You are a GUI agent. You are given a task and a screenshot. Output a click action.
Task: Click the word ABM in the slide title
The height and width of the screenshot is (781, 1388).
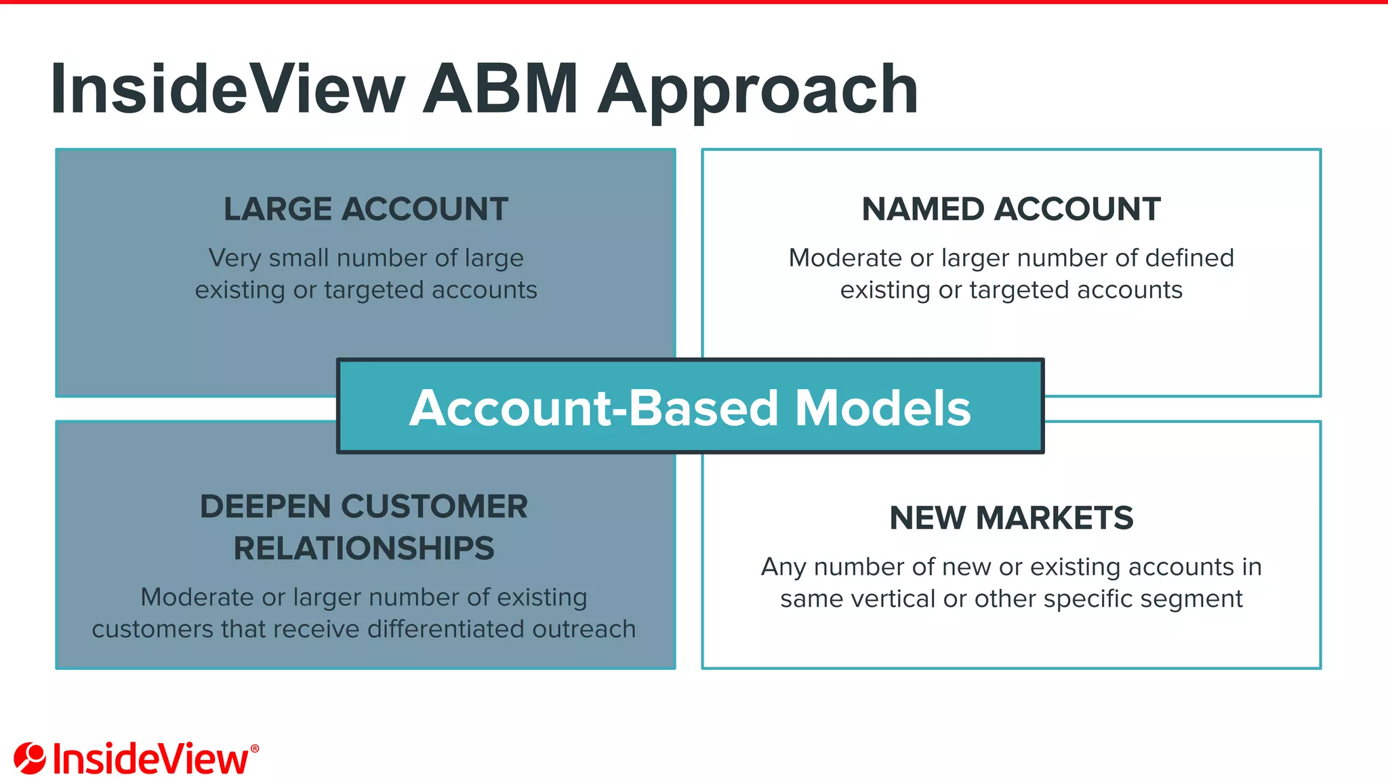500,89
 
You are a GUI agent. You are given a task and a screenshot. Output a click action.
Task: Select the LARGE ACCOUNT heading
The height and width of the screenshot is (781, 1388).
366,209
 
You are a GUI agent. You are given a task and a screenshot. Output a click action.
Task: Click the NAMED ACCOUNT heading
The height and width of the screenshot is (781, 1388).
1011,209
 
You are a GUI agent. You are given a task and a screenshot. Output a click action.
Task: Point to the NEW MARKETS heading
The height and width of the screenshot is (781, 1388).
1011,518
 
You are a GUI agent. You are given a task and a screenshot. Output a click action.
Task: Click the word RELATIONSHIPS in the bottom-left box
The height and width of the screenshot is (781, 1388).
364,548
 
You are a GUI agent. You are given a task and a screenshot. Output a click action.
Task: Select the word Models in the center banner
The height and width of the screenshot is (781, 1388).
882,408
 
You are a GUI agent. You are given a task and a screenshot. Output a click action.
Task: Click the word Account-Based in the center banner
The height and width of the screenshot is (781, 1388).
594,408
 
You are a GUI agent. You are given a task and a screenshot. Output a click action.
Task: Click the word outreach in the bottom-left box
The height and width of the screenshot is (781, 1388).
584,629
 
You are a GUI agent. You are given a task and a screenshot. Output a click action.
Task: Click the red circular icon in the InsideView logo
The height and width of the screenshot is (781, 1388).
30,758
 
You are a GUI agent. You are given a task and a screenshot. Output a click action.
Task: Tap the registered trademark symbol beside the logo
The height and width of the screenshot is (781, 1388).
255,748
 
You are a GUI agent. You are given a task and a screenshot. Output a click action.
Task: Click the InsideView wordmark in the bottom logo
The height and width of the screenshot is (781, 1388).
150,759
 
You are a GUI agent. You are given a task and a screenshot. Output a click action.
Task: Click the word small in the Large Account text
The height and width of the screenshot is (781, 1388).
300,258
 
